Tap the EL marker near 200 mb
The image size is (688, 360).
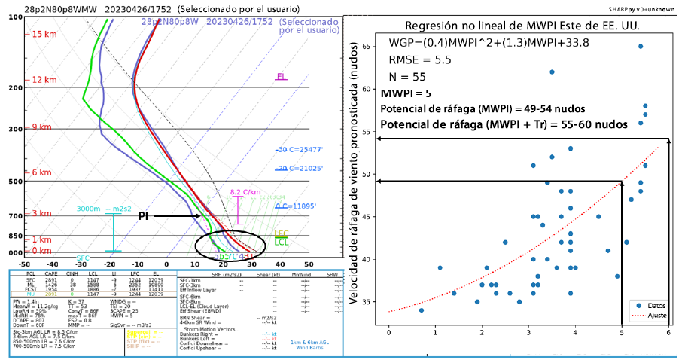coord(281,76)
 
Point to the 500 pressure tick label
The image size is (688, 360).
coord(14,182)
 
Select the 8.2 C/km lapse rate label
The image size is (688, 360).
coord(245,192)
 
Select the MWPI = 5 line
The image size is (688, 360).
coord(406,94)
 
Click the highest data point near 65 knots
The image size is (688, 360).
coord(641,46)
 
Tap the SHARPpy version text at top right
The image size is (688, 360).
coord(647,9)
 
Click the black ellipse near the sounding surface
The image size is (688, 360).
coord(230,246)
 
